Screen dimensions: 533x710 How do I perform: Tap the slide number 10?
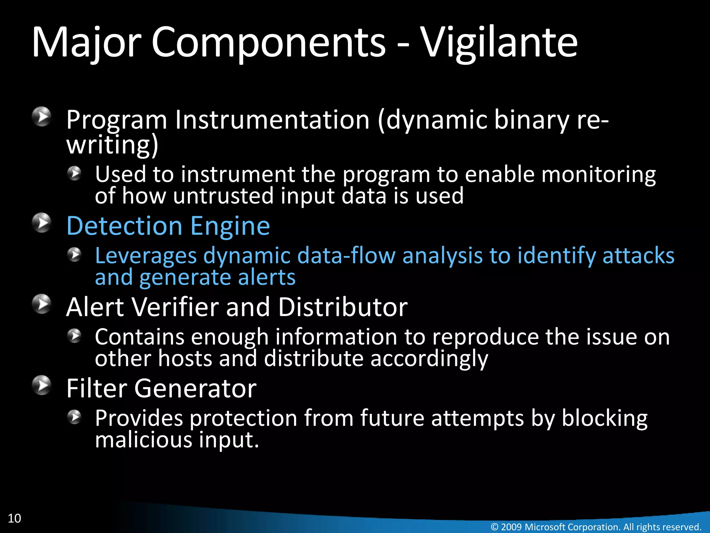14,518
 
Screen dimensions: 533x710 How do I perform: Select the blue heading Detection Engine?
168,226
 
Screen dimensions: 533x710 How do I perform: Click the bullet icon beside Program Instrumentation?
42,117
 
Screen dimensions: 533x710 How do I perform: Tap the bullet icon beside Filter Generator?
42,385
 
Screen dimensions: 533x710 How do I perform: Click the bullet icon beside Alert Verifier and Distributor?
42,304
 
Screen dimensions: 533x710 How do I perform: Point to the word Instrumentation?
272,120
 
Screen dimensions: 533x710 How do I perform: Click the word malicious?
144,440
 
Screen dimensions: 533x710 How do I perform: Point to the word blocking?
604,418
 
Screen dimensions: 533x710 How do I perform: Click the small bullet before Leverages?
74,255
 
